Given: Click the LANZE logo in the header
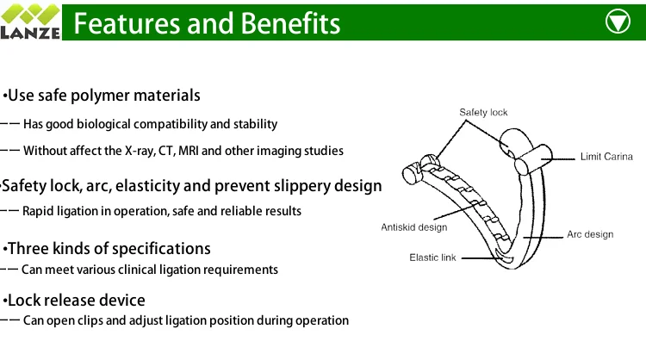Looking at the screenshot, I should tap(30, 21).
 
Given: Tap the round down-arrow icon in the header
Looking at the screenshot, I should tap(618, 22).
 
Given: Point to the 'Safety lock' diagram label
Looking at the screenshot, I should tap(483, 112).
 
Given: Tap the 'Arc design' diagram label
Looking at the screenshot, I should tap(590, 234).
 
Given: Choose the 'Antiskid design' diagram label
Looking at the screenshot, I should tap(415, 227).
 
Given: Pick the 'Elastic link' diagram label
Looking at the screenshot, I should tap(432, 258).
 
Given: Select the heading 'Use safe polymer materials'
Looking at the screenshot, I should tap(102, 95).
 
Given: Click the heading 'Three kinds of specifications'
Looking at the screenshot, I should tap(108, 249).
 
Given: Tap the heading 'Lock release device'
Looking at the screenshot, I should tap(75, 301).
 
